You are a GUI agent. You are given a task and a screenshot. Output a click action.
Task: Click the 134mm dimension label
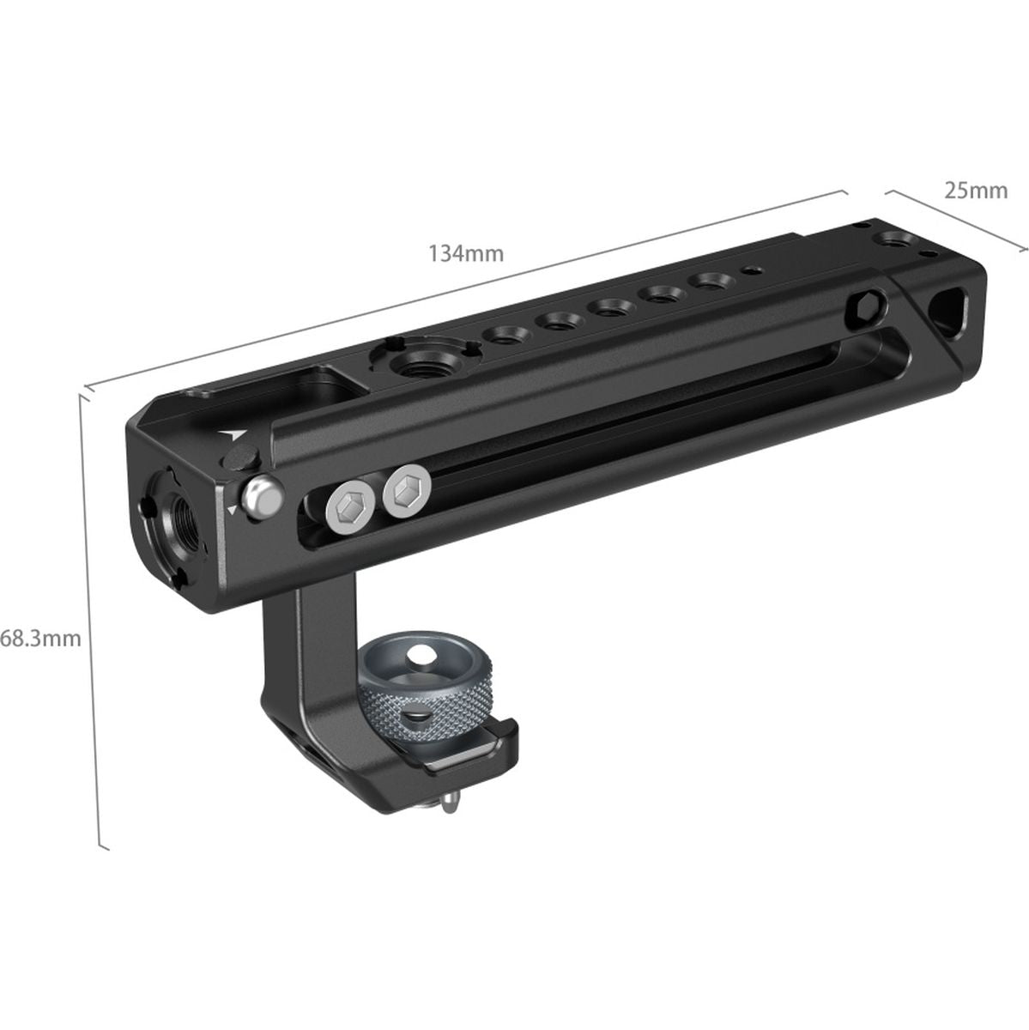(465, 253)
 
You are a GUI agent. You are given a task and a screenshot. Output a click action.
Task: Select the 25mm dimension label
(975, 190)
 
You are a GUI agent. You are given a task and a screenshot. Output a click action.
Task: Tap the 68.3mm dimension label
(40, 639)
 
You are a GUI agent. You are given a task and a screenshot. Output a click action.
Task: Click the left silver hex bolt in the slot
(350, 511)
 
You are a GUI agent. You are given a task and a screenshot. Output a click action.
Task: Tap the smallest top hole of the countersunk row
(753, 270)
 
